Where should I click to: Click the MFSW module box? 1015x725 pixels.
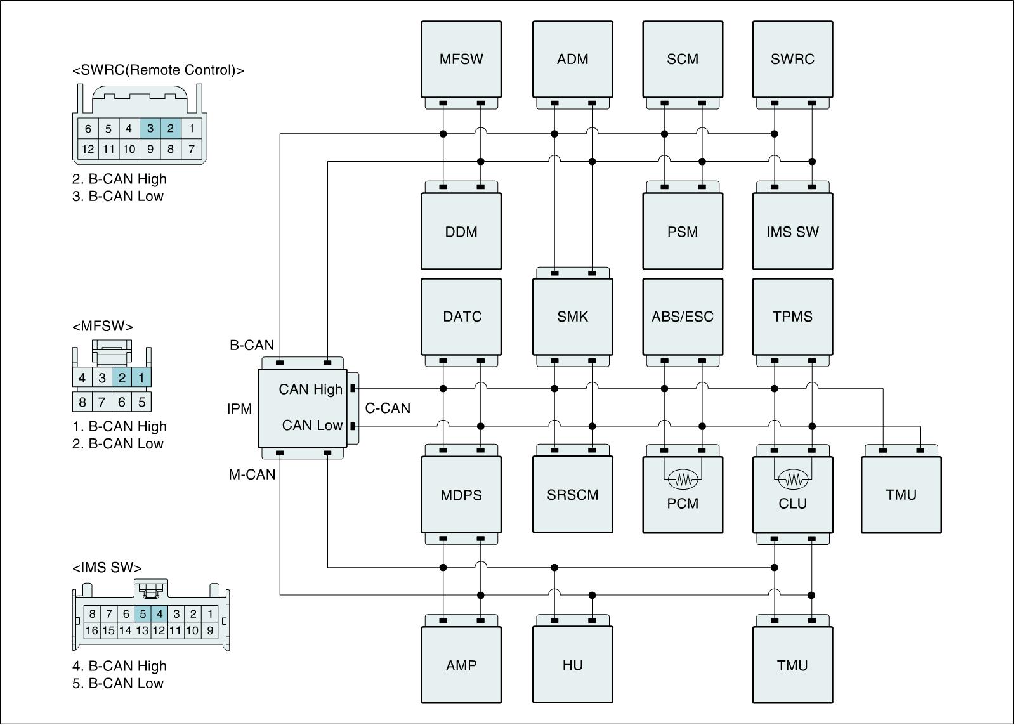[461, 59]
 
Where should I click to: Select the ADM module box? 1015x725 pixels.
[572, 59]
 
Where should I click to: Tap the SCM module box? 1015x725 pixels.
[683, 59]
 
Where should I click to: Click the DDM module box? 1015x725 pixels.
[461, 232]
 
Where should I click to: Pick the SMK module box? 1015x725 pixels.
[572, 317]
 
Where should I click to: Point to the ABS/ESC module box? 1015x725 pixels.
[683, 317]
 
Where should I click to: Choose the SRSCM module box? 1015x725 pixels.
[572, 495]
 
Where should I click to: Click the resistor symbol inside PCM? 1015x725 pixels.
[683, 480]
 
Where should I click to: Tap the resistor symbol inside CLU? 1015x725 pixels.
[793, 480]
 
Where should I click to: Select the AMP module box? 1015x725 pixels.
[461, 665]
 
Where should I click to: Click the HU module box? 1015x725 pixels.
[572, 665]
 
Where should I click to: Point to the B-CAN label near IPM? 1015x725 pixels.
[252, 346]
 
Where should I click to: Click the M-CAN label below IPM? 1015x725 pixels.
[252, 474]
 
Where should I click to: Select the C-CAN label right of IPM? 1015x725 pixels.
[388, 408]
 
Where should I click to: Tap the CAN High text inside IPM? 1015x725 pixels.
[310, 389]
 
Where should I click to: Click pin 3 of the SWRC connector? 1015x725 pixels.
[150, 129]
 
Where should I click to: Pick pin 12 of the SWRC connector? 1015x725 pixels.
[88, 150]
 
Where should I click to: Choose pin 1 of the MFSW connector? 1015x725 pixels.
[141, 378]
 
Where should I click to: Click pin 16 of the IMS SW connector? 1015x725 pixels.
[92, 630]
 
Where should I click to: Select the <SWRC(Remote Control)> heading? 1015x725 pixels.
[158, 70]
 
